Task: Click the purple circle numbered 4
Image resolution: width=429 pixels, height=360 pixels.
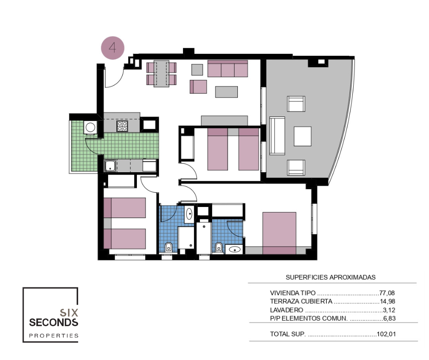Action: click(x=113, y=48)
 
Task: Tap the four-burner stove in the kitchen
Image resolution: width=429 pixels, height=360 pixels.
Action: click(x=122, y=126)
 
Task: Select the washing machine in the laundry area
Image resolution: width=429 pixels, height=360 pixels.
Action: click(x=90, y=127)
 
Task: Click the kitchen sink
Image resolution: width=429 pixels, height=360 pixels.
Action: click(x=110, y=166)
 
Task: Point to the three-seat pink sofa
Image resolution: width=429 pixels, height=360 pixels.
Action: click(x=228, y=69)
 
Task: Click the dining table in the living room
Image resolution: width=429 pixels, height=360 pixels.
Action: click(x=162, y=74)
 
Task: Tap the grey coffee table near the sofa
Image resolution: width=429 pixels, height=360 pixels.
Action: click(x=226, y=92)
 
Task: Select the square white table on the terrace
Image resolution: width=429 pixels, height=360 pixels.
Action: click(x=302, y=136)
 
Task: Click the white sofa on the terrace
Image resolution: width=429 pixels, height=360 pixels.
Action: click(x=277, y=136)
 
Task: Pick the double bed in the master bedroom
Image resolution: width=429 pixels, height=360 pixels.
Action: click(x=279, y=233)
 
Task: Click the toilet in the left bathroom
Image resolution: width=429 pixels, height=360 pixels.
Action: click(x=168, y=247)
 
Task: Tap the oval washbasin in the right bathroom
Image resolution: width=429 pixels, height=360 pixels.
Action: click(x=234, y=249)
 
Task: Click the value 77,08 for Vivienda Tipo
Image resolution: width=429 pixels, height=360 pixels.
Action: click(x=387, y=293)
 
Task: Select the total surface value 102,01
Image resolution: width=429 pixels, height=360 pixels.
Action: click(x=386, y=334)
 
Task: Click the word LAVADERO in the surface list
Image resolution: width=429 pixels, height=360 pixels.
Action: click(x=287, y=310)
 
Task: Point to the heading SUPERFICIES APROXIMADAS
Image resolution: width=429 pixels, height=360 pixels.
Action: click(x=330, y=277)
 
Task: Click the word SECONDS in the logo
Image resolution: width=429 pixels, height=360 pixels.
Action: click(x=54, y=323)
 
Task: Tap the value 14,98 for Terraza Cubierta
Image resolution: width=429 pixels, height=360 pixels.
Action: click(x=387, y=302)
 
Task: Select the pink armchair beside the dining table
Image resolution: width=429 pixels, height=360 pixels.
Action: click(x=199, y=87)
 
